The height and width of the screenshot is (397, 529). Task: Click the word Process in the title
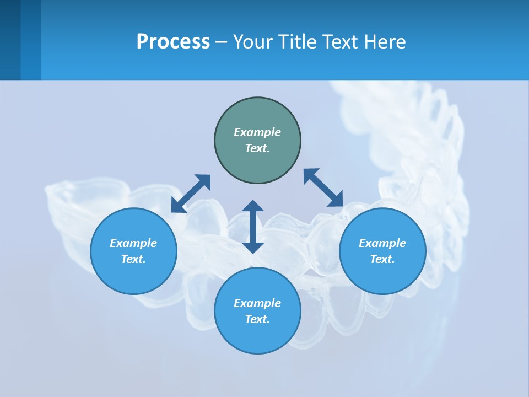173,42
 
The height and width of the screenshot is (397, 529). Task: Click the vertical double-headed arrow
253,227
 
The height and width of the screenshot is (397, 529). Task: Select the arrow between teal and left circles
191,194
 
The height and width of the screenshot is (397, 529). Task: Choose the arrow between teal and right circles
323,187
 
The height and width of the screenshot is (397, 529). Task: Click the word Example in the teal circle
257,132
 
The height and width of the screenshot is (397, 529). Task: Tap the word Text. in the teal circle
257,148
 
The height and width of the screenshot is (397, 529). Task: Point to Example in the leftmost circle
133,243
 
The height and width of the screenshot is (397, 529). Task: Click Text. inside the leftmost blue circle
133,259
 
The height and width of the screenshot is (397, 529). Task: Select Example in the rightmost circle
382,243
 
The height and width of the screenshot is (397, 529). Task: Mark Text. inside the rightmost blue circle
382,259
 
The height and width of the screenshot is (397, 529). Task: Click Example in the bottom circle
257,303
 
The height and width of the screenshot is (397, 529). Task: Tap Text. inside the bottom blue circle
257,319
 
